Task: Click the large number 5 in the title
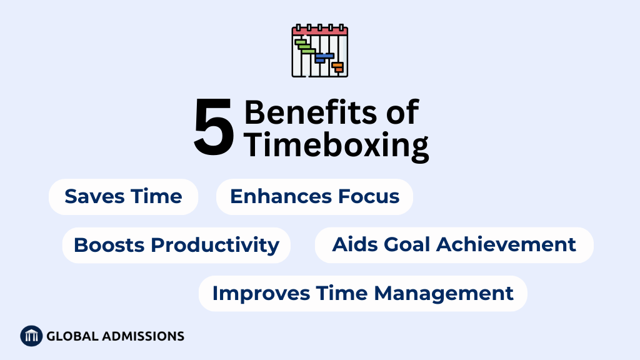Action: pos(214,127)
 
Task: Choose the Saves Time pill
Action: pos(123,197)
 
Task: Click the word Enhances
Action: pos(275,196)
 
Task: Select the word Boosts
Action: pos(109,245)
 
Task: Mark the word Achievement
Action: pos(506,245)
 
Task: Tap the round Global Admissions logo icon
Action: pos(31,336)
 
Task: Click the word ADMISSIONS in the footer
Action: pos(143,336)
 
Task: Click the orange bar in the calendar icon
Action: pos(337,67)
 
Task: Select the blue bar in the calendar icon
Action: pos(324,57)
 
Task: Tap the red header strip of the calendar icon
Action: pos(320,30)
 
